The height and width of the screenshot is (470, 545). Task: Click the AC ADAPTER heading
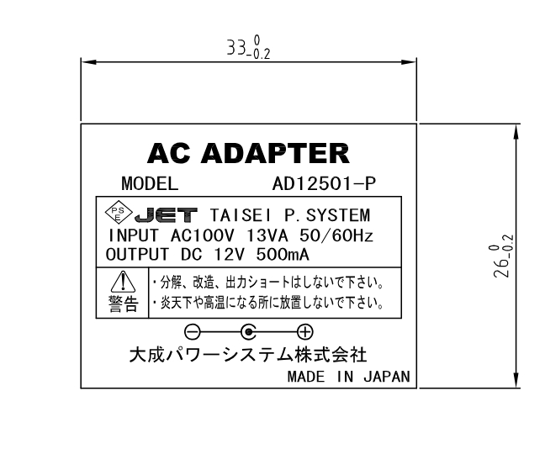pyautogui.click(x=248, y=153)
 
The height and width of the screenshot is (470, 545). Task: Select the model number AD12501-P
pyautogui.click(x=324, y=182)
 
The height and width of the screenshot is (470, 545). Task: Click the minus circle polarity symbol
pyautogui.click(x=193, y=330)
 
